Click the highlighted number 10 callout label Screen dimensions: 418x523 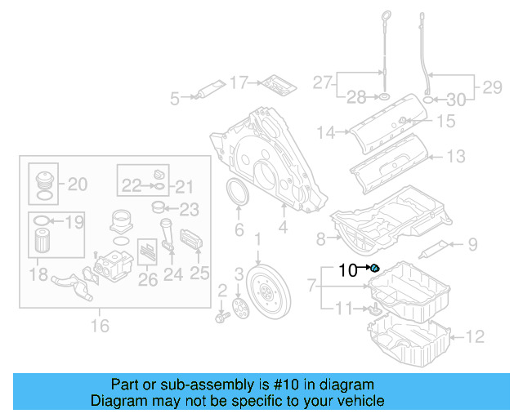point(348,270)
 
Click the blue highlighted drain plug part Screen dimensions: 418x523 point(375,269)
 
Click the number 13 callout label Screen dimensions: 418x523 point(456,156)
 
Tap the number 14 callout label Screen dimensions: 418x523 point(327,131)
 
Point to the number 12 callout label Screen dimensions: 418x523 point(475,335)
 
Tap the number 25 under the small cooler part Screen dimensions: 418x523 point(200,273)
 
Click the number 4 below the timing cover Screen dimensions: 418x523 point(283,229)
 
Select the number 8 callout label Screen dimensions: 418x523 point(321,238)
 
